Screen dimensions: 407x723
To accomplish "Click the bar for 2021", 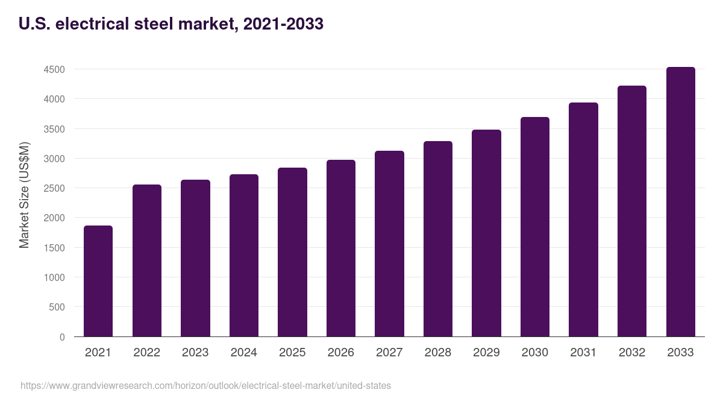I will (x=98, y=281).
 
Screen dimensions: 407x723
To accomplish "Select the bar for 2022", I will (x=147, y=260).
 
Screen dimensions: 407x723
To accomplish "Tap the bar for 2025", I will (x=292, y=252).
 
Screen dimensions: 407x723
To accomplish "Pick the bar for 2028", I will (x=438, y=239).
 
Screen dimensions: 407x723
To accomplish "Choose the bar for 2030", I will (x=535, y=227).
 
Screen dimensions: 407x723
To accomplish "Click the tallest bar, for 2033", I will (x=680, y=202).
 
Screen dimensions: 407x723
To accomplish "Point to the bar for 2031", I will (x=583, y=219).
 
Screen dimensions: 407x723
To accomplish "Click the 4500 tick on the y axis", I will (x=54, y=69).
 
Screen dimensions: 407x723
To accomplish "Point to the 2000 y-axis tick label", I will (x=54, y=218).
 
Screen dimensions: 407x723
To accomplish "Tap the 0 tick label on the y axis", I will (x=62, y=337).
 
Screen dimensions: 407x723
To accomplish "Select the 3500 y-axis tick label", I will (x=54, y=129).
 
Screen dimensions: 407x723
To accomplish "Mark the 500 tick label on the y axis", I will (x=57, y=308).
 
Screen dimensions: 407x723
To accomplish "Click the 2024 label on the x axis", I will (x=243, y=353).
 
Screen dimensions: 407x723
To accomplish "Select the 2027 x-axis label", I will (x=389, y=353).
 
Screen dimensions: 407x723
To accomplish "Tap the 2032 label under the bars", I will (x=632, y=353).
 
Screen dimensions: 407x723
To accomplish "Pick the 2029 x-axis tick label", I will (x=486, y=353).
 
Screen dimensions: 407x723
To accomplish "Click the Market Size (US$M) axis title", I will (x=24, y=194).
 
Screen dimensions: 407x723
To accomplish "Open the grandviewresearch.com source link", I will (x=205, y=386).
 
